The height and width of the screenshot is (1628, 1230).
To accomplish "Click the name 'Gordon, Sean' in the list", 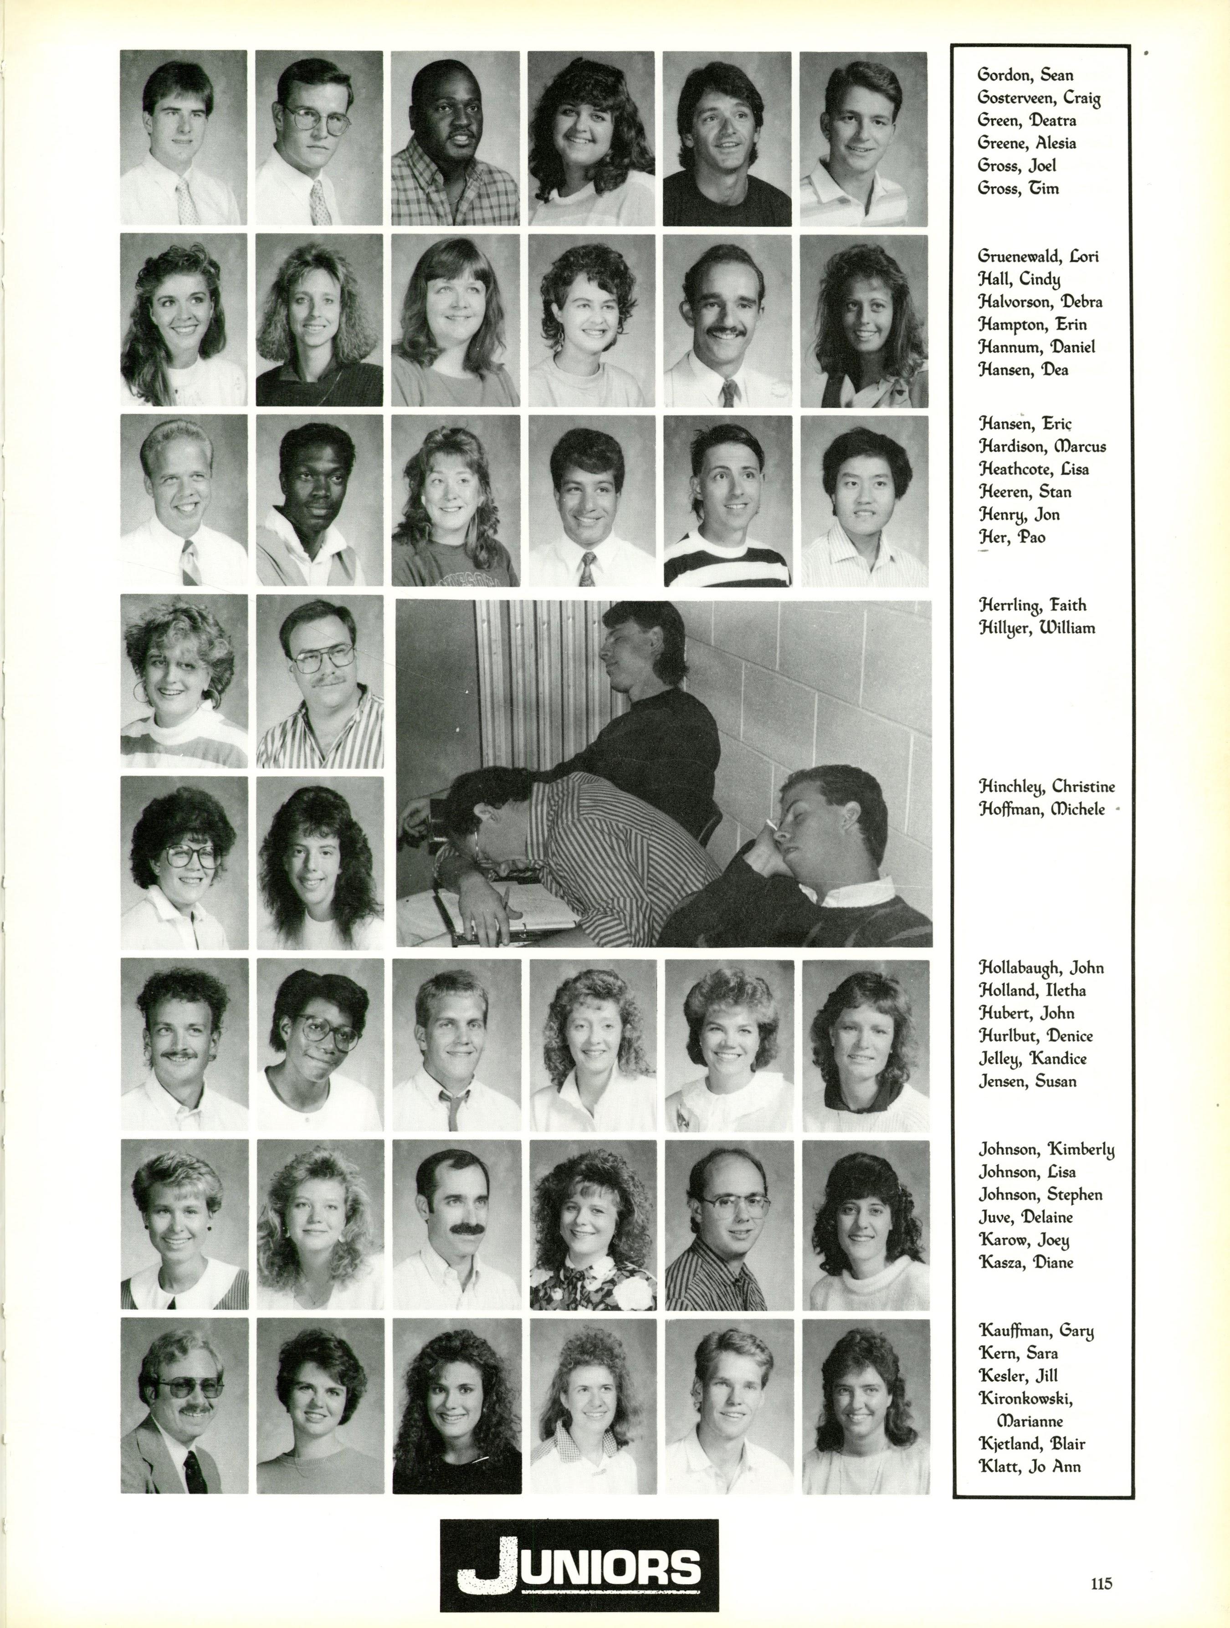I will point(1025,75).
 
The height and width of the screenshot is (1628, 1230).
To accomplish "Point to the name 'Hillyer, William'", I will point(1036,629).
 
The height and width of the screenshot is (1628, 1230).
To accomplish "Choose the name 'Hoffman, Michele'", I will point(1041,809).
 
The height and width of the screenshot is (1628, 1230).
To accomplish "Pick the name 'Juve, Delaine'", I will point(1025,1217).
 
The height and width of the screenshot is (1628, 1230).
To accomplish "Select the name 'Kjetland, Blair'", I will point(1031,1444).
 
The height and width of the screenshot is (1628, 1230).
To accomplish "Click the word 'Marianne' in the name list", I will point(1030,1421).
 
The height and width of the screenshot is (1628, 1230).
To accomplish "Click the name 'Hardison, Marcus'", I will point(1041,447).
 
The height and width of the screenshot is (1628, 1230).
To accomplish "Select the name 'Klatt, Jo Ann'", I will point(1029,1467).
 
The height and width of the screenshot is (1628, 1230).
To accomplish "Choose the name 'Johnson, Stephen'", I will point(1040,1194).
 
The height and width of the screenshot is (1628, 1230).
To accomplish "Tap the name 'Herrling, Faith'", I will point(1032,606).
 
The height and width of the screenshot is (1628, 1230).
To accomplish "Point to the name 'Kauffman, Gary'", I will point(1035,1331).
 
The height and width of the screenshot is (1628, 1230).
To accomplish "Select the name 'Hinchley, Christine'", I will point(1046,787).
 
